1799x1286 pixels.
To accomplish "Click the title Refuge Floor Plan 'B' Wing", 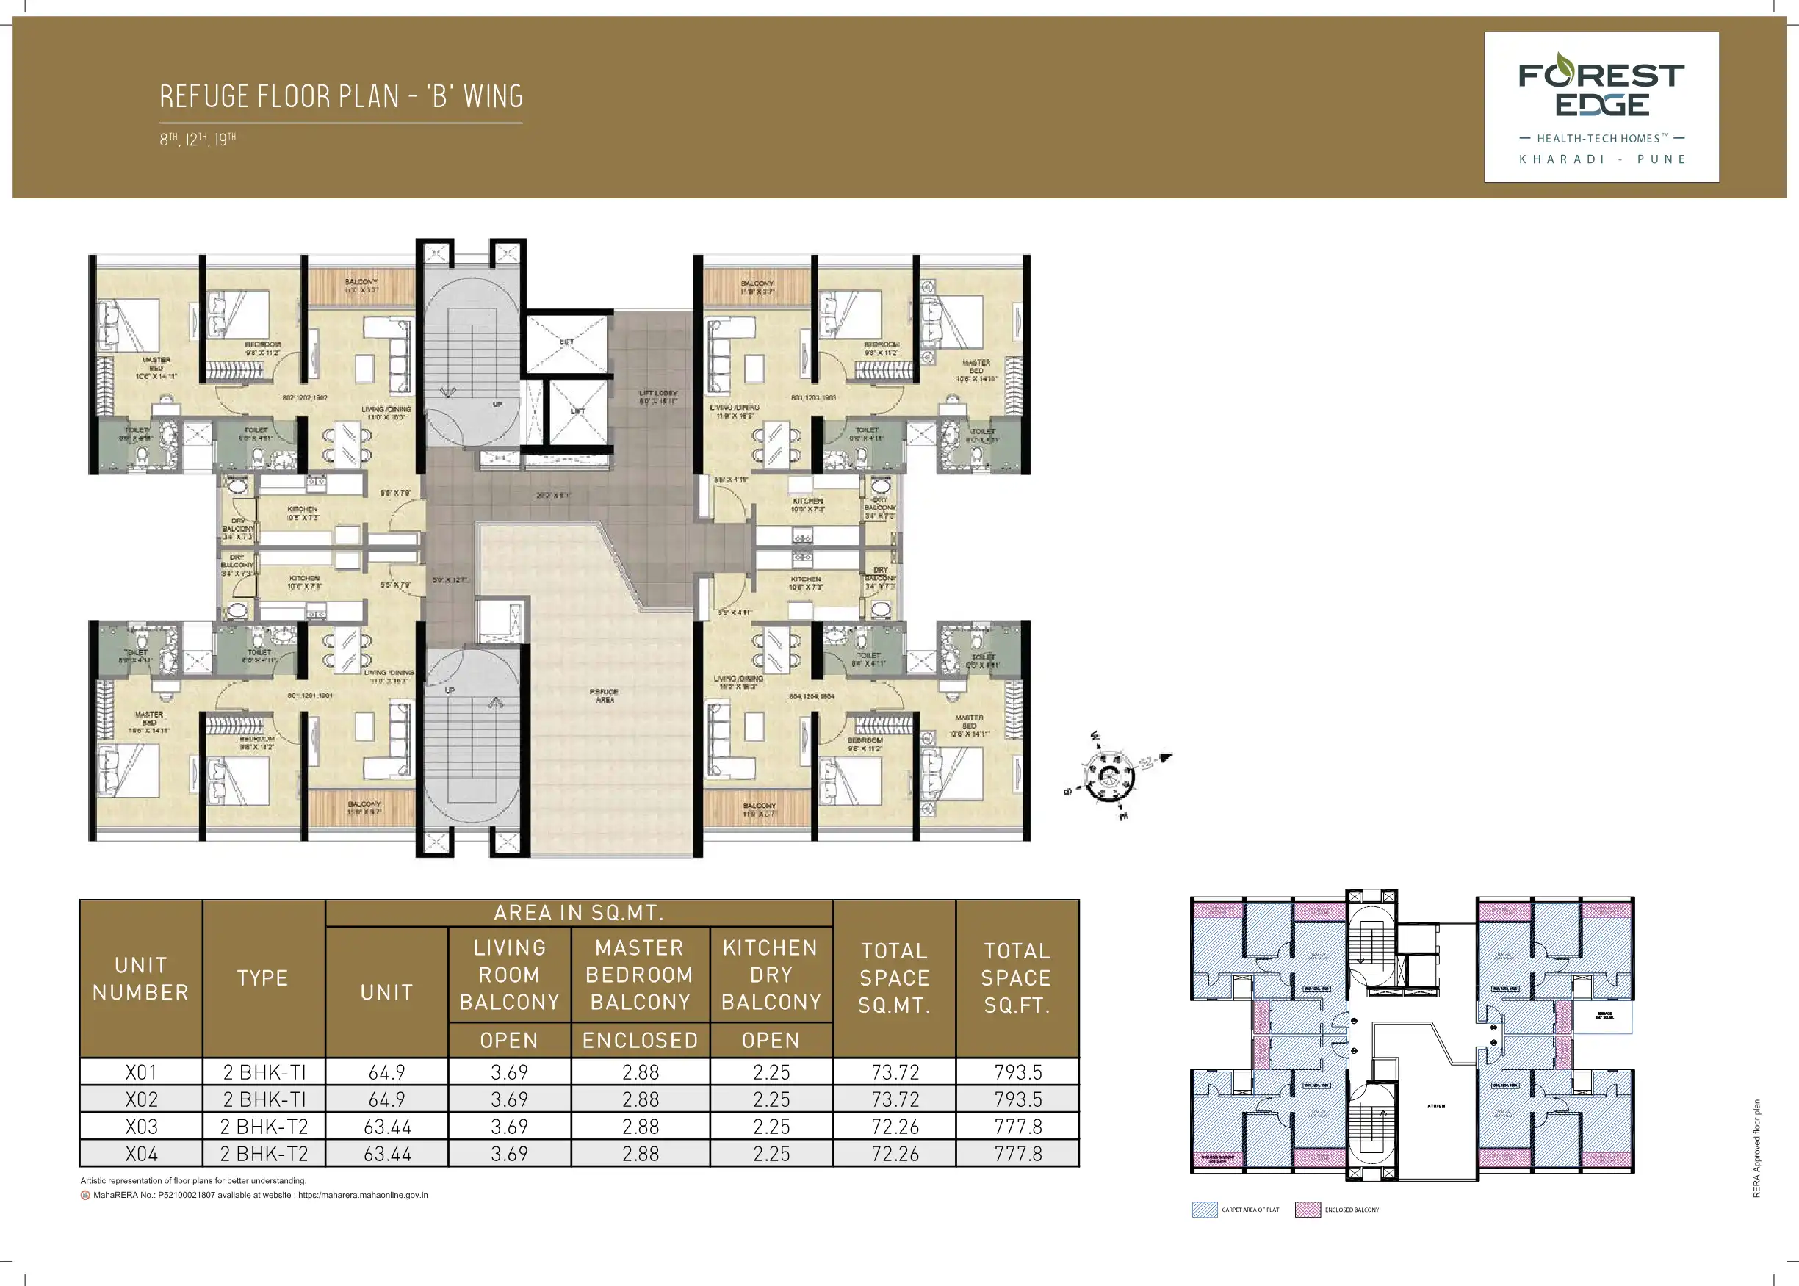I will (342, 97).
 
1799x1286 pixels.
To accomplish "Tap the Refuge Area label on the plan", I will (604, 696).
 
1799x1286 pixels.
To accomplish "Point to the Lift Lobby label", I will (658, 397).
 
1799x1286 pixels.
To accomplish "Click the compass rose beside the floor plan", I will (1110, 776).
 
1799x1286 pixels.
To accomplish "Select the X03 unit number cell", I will (141, 1126).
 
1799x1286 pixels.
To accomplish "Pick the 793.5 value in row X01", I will (1017, 1072).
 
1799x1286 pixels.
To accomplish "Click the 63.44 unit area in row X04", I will (387, 1154).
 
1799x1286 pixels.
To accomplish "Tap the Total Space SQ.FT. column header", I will (1017, 978).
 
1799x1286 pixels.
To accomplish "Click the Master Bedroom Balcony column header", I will (640, 975).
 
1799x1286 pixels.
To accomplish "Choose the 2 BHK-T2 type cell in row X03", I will (264, 1126).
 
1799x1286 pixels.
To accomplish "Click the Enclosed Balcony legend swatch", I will (1308, 1209).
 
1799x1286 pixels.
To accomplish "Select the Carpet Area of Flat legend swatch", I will (1204, 1209).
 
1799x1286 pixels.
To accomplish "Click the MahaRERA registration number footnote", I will (260, 1195).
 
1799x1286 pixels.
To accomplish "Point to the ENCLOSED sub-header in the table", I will (640, 1041).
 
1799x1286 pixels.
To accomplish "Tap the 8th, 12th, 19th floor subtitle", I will (198, 140).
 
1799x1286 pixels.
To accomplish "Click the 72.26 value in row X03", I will (895, 1126).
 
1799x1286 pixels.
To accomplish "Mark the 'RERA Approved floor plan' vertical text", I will (1756, 1147).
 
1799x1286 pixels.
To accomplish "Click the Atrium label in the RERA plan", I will (1436, 1105).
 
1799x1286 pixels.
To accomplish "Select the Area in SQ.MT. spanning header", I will (579, 913).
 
